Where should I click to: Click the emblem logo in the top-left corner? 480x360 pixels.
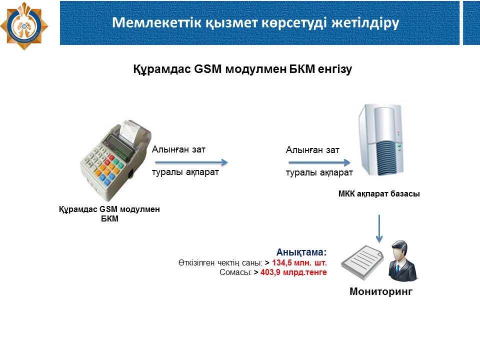(x=24, y=25)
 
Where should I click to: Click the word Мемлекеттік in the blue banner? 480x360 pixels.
(x=156, y=22)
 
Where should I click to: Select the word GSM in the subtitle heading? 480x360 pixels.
(x=207, y=69)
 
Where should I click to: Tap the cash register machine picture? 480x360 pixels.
(x=115, y=159)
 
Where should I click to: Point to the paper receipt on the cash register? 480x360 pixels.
(x=129, y=131)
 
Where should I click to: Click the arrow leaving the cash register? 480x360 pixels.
(x=191, y=162)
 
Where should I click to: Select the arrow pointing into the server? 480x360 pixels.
(x=319, y=162)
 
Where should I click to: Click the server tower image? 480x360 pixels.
(x=381, y=140)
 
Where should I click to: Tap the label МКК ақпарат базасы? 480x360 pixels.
(x=379, y=194)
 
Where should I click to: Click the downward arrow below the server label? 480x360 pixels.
(x=379, y=228)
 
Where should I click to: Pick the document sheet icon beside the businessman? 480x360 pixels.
(x=362, y=262)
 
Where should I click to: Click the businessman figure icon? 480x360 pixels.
(x=402, y=261)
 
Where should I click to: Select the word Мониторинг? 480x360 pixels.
(x=381, y=291)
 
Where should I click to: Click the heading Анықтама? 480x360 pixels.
(x=301, y=252)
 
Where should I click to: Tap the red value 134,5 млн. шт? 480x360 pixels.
(x=299, y=262)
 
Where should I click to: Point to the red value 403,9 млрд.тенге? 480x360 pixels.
(x=293, y=272)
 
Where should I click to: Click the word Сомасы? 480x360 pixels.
(x=235, y=272)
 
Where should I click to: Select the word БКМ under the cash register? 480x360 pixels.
(x=109, y=218)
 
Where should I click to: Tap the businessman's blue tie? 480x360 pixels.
(x=397, y=269)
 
